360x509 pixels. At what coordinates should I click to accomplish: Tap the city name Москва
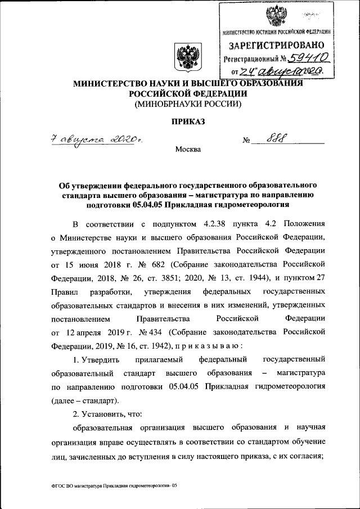[187, 150]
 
